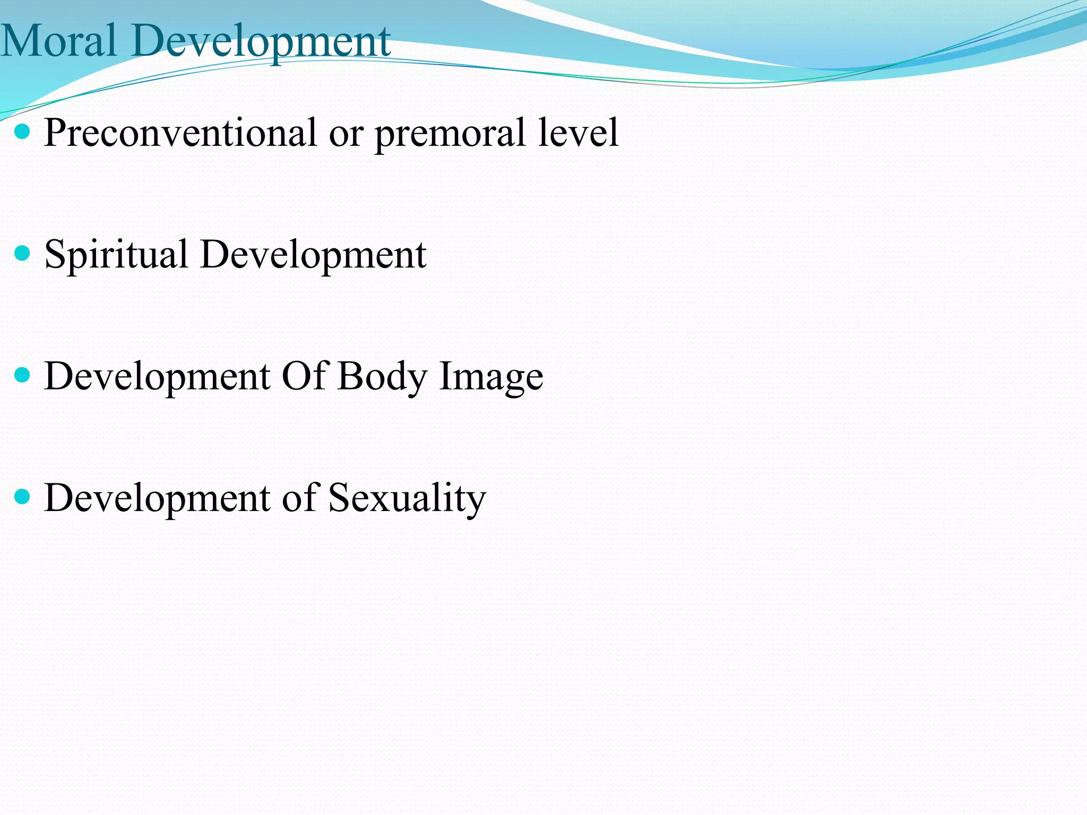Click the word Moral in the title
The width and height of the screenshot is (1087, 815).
[58, 41]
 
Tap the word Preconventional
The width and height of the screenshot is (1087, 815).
[180, 133]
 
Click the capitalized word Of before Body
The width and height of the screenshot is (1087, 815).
[304, 376]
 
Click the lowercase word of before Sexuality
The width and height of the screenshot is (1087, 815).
[299, 498]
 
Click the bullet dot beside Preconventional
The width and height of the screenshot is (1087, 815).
[23, 132]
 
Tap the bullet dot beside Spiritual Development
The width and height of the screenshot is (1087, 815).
[23, 253]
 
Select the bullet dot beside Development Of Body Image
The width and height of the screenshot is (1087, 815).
[23, 375]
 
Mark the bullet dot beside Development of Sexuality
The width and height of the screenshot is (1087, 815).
[23, 497]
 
